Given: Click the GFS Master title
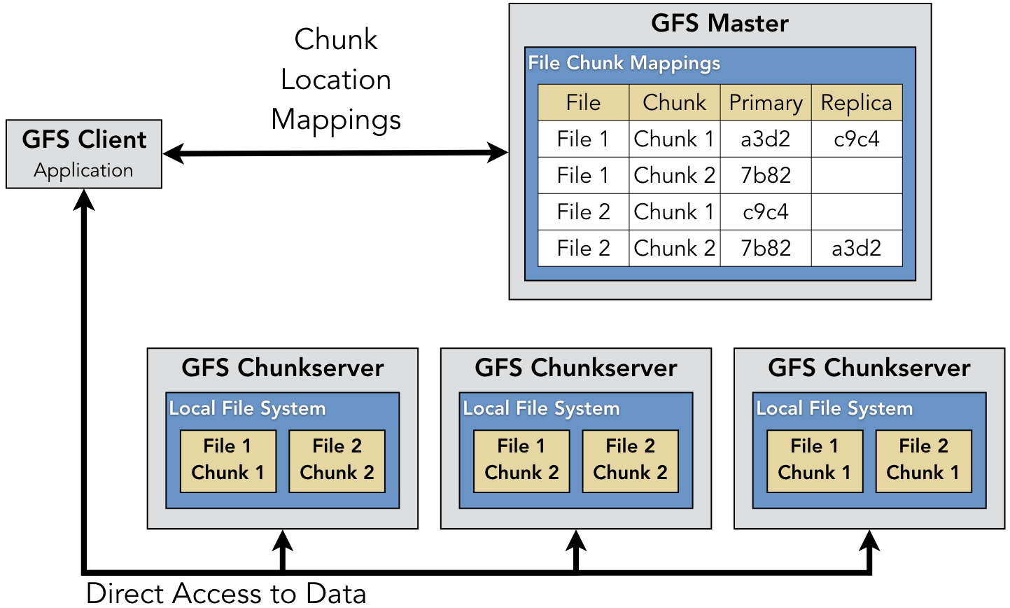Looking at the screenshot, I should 720,23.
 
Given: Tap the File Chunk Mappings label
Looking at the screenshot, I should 624,63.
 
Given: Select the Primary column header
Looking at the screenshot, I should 766,103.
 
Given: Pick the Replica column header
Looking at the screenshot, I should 856,103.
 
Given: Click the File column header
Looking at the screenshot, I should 583,103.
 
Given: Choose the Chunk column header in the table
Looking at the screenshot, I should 674,103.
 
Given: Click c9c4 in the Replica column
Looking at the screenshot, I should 856,139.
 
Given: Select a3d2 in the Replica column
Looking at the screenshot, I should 856,248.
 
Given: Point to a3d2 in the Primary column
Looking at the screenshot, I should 765,139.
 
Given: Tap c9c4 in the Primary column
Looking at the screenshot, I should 765,212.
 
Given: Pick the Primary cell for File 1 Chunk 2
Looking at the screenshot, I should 765,175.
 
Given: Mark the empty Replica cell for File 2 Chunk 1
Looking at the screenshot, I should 856,212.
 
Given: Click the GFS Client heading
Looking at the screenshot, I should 84,139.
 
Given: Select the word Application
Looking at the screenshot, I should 83,170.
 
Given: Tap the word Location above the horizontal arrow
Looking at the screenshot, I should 335,79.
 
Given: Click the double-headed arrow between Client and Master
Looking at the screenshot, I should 335,153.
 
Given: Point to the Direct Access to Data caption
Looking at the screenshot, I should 226,593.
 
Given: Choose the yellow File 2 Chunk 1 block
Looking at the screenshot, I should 923,460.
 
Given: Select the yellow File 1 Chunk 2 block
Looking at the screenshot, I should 521,460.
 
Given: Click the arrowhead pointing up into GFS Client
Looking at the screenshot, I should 84,200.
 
